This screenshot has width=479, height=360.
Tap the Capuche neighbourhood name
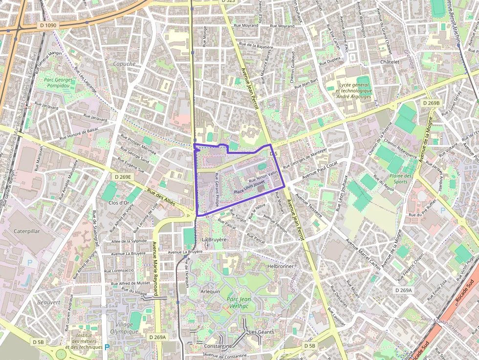(124, 64)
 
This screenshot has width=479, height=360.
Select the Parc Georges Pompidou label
(58, 83)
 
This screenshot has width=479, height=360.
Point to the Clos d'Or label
(119, 203)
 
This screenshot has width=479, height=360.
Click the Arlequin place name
(210, 291)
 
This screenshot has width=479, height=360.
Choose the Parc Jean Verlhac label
(239, 303)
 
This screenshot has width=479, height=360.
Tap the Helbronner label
(281, 266)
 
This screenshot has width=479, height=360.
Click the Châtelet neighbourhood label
(390, 62)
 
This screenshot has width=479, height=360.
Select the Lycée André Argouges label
(355, 90)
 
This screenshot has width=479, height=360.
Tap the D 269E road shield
(122, 176)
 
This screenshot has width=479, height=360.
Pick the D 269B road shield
(431, 103)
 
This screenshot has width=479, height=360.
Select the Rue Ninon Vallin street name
(263, 176)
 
